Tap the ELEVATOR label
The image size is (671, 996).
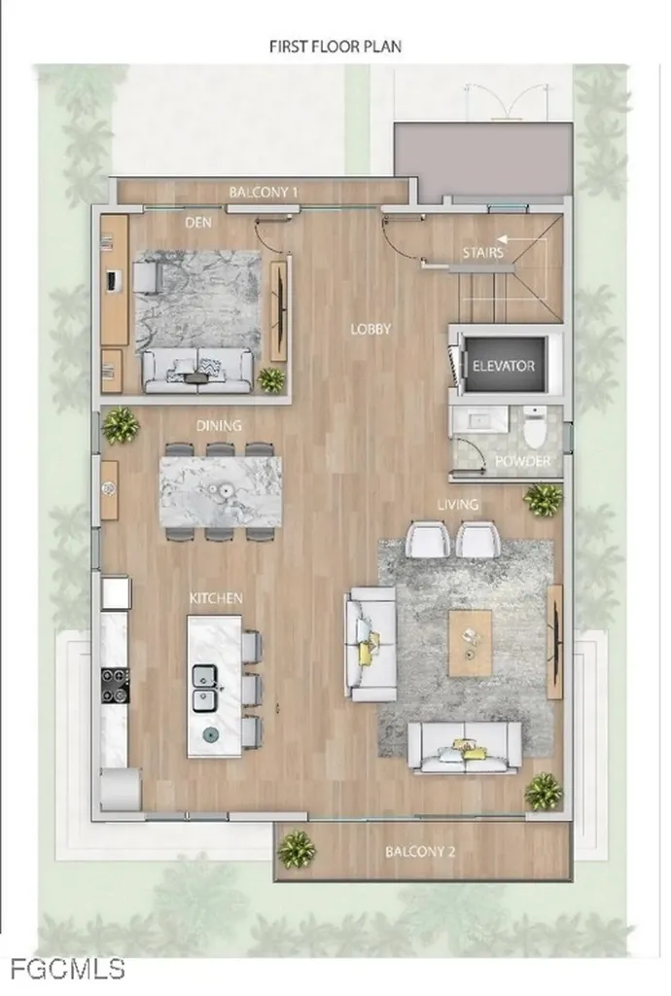point(503,366)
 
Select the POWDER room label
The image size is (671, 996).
point(522,461)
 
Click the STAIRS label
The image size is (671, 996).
point(482,254)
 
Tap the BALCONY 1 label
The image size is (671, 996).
point(264,193)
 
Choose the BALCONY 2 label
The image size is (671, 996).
point(420,852)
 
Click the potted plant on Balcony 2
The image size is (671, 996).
point(296,849)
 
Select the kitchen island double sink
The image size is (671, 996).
point(205,687)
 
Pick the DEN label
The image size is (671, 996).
point(198,223)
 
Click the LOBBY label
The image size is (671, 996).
point(371,330)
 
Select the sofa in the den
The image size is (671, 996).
point(197,370)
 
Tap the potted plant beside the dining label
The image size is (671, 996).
point(121,424)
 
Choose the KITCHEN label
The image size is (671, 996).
point(216,598)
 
